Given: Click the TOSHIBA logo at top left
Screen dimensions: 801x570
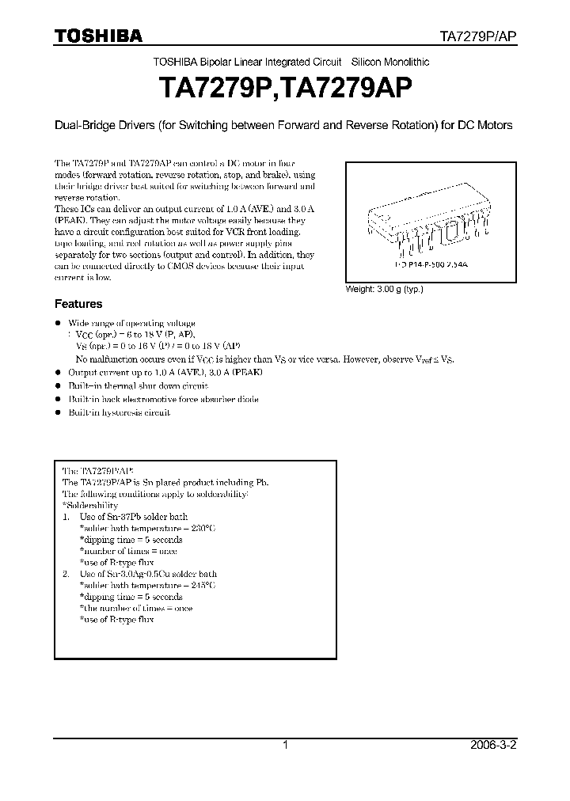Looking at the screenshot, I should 98,36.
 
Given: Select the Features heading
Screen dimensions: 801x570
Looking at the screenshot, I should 78,304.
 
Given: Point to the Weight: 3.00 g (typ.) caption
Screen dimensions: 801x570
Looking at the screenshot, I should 384,289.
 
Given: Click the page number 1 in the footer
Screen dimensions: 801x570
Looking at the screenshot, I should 285,745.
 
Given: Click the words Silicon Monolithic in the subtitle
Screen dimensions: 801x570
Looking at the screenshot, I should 390,61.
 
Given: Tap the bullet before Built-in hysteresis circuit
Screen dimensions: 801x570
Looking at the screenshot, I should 57,413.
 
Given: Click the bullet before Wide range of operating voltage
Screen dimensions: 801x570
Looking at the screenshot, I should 57,323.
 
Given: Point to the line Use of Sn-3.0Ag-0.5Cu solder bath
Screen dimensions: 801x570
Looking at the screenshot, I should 148,574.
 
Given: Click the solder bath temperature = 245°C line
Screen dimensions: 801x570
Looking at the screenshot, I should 147,586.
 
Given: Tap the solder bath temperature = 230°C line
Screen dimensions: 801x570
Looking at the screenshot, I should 147,528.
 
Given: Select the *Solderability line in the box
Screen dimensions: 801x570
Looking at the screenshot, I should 89,505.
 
